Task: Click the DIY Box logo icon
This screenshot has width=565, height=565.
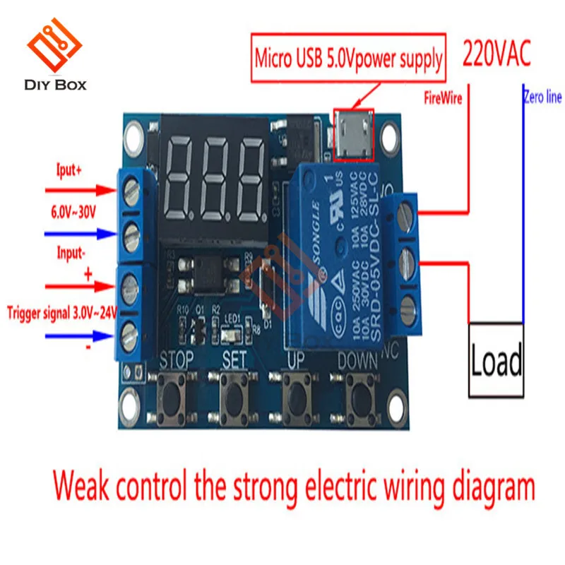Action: [55, 47]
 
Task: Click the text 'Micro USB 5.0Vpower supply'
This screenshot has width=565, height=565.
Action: [349, 59]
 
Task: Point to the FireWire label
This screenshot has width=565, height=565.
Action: [443, 98]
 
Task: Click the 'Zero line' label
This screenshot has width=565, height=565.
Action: [542, 98]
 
